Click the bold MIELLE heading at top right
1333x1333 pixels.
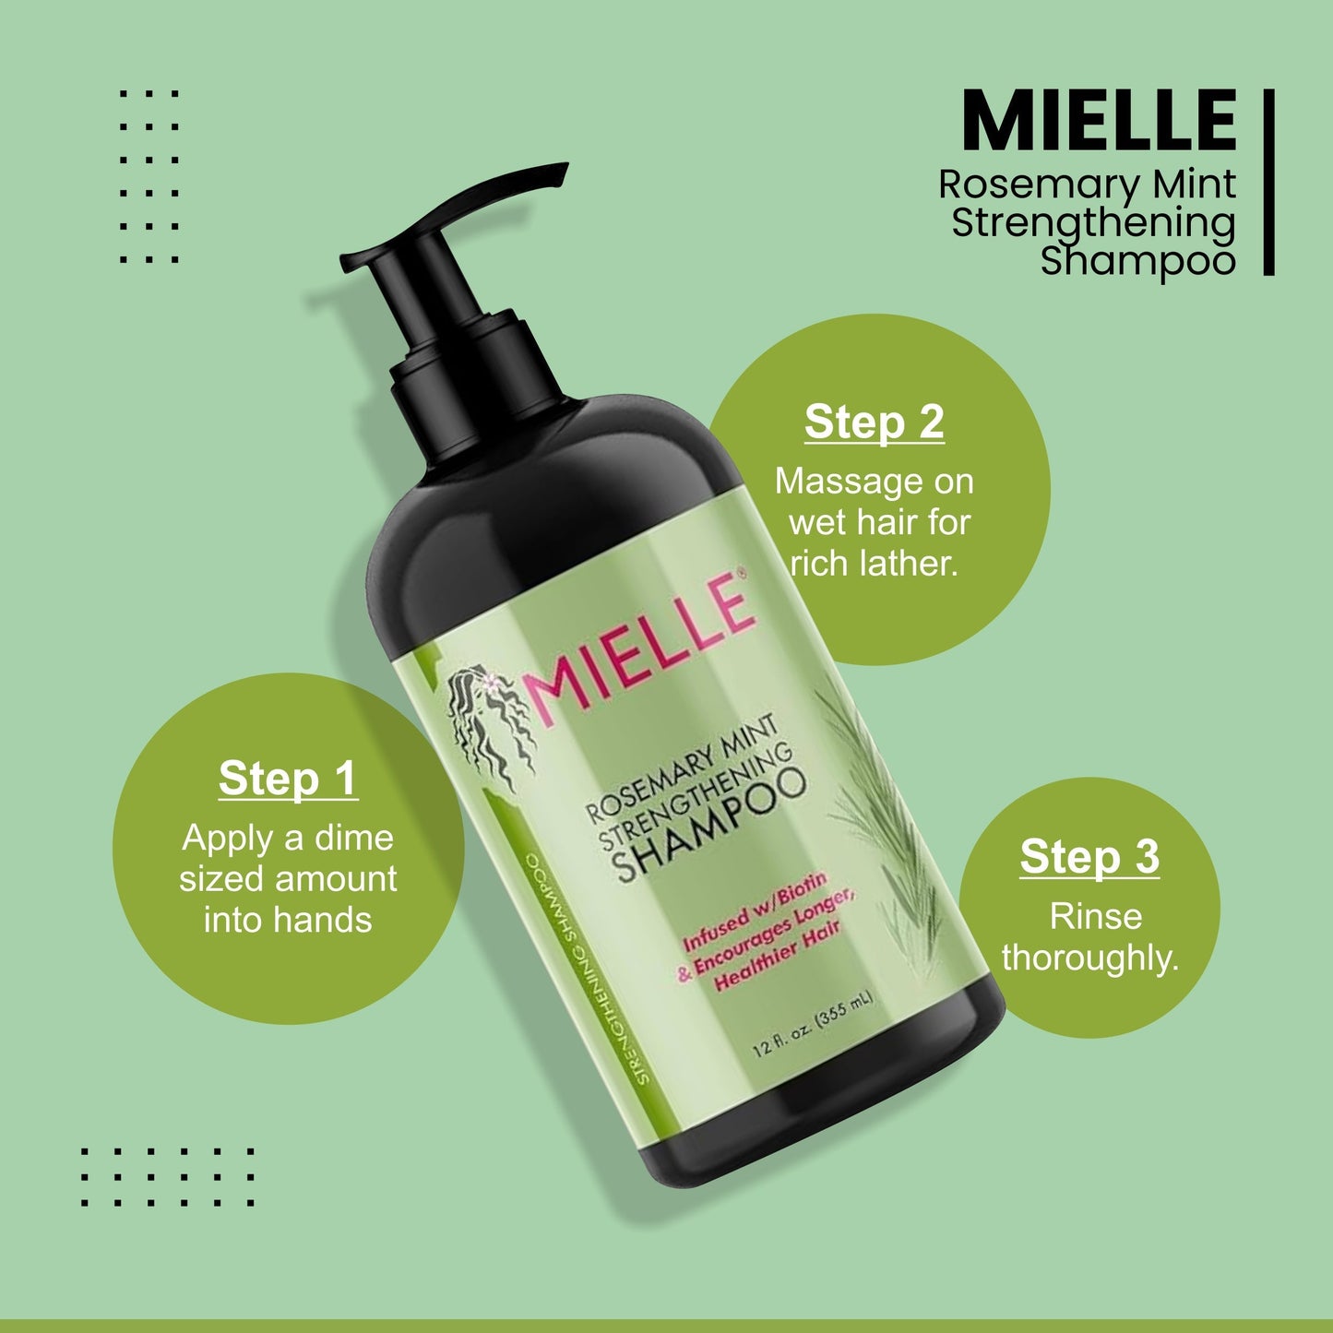coord(1098,121)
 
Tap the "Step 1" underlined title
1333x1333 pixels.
coord(288,779)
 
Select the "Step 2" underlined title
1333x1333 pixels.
coord(874,423)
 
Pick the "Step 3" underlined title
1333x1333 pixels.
coord(1089,857)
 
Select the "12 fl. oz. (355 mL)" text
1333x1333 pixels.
coord(812,1024)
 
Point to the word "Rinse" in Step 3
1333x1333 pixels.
coord(1095,916)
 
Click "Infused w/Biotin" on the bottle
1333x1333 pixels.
coord(755,913)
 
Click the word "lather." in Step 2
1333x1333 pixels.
coord(912,563)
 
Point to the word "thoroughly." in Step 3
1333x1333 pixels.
coord(1090,958)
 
